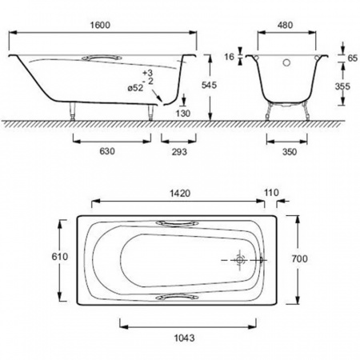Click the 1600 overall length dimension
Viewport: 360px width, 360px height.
100,25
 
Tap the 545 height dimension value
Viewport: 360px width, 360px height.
209,86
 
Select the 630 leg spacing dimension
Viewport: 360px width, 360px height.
107,151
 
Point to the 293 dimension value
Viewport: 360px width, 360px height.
179,152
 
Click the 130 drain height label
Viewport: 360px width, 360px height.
183,114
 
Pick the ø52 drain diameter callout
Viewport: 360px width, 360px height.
135,88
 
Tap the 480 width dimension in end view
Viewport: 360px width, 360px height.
285,25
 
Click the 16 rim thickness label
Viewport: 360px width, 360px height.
229,57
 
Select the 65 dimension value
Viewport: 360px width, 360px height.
353,58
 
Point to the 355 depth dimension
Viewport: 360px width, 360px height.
342,86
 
